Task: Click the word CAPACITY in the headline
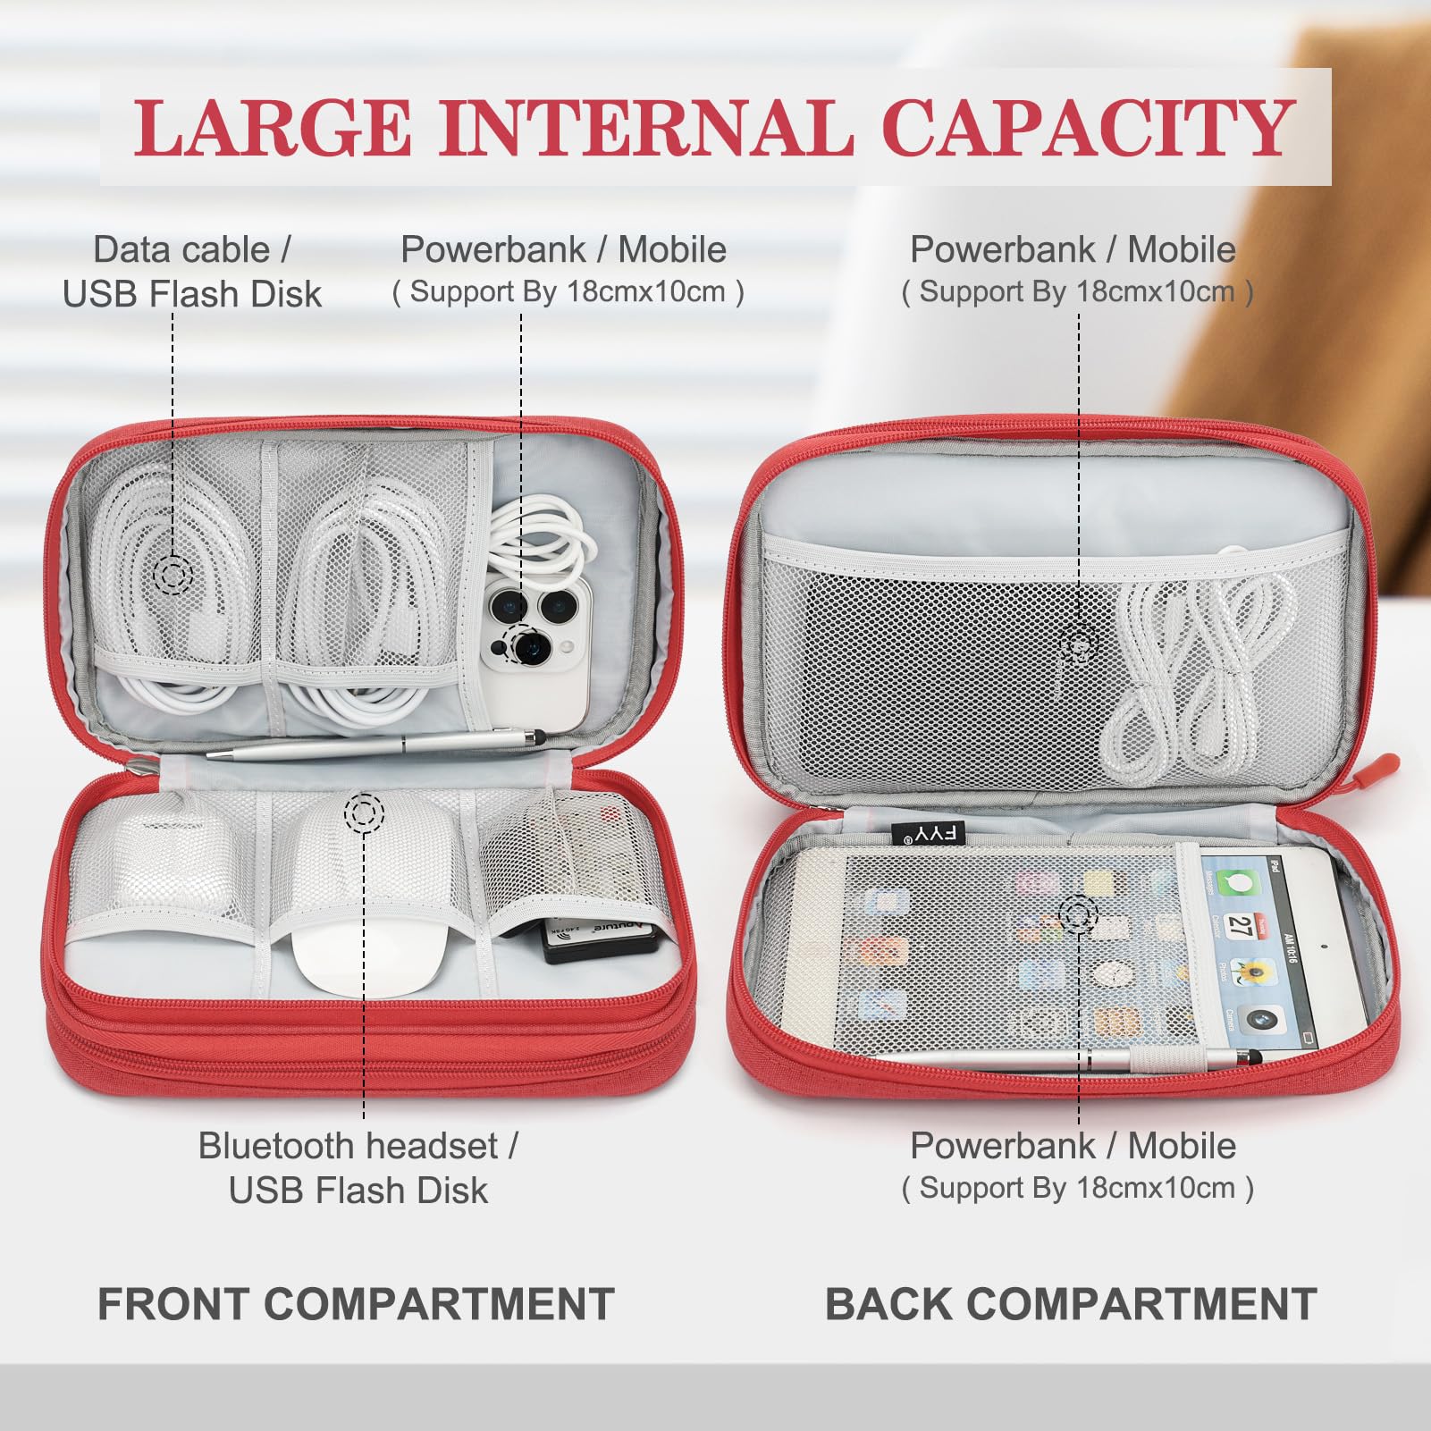1088,128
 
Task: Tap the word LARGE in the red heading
273,128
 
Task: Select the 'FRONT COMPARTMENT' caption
356,1303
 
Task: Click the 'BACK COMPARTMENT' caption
1070,1303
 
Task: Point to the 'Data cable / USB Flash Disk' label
191,272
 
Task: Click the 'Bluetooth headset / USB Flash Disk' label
358,1167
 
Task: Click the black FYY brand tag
929,834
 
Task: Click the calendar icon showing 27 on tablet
1238,925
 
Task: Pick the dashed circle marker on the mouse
364,812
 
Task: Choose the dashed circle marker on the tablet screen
1079,914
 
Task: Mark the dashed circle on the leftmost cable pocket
173,573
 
